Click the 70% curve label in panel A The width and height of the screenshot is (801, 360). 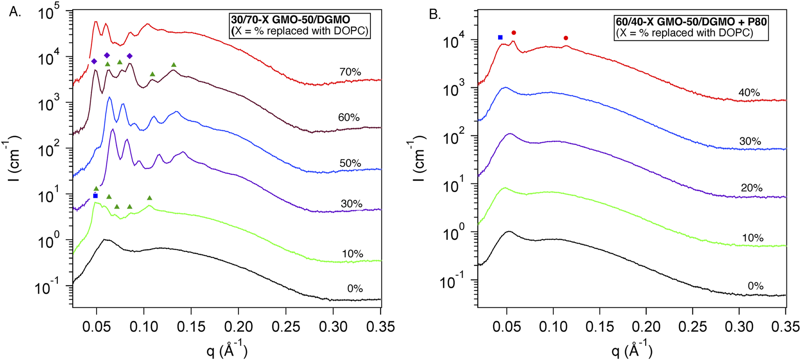coord(350,72)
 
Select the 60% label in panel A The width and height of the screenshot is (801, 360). coord(349,117)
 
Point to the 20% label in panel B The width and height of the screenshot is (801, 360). coord(752,188)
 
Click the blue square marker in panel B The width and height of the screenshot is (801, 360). coord(500,37)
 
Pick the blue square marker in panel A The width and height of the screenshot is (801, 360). coord(95,196)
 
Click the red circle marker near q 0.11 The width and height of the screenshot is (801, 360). coord(566,38)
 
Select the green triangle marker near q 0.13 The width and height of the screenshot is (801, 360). coord(174,65)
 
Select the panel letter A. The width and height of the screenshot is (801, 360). coord(15,12)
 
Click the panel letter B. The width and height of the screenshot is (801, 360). coord(435,14)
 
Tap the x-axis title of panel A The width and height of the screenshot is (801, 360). coord(227,350)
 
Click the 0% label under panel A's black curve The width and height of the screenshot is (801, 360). coord(355,289)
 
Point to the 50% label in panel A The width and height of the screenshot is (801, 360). coord(350,164)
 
